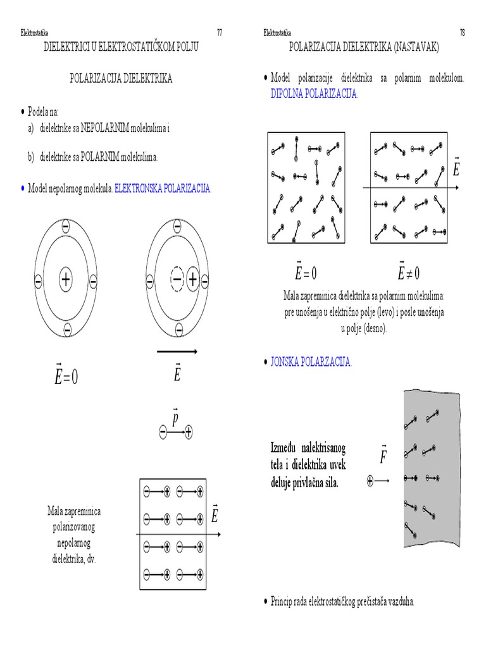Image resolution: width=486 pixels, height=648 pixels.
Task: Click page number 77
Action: pyautogui.click(x=220, y=32)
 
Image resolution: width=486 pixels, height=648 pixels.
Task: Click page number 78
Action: pyautogui.click(x=462, y=32)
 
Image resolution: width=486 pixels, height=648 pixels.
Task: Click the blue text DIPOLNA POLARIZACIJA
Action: pyautogui.click(x=314, y=93)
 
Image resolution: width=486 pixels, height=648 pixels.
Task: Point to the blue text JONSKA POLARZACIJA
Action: pyautogui.click(x=311, y=363)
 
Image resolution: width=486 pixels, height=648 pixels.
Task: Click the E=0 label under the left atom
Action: pyautogui.click(x=66, y=377)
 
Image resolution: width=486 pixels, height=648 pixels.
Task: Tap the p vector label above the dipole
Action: pyautogui.click(x=176, y=417)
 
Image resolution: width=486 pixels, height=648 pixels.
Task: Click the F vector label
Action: pyautogui.click(x=383, y=455)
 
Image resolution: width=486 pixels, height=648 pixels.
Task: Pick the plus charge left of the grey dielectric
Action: pyautogui.click(x=370, y=482)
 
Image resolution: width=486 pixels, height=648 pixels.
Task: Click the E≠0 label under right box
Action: pyautogui.click(x=409, y=273)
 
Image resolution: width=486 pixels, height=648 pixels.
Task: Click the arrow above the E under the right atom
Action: pyautogui.click(x=177, y=351)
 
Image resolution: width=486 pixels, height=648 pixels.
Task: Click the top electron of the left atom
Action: pyautogui.click(x=66, y=227)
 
